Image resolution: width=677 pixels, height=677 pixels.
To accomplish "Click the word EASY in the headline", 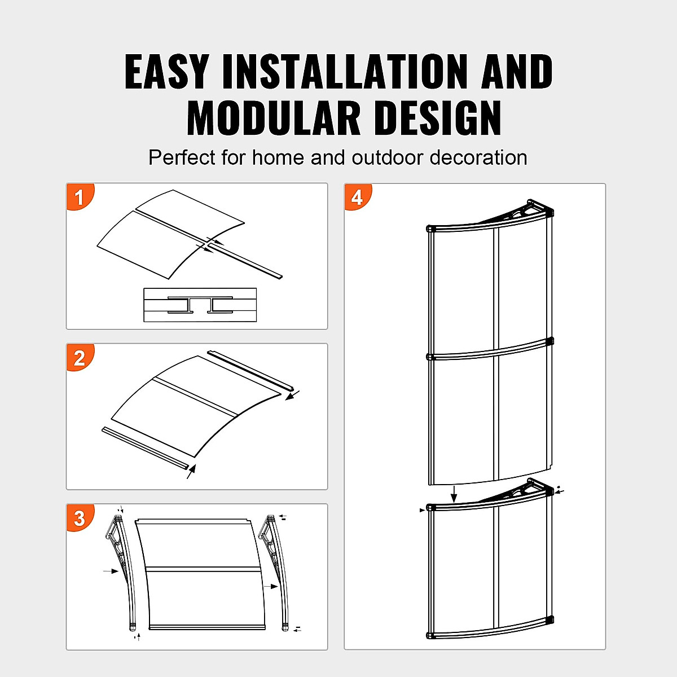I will (x=167, y=72).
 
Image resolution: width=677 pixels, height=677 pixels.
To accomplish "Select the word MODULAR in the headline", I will (x=274, y=118).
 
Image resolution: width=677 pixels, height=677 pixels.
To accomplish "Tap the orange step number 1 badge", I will (x=80, y=197).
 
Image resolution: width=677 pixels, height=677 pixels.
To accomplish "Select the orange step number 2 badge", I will (x=80, y=358).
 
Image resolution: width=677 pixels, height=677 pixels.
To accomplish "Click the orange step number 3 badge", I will (x=80, y=518).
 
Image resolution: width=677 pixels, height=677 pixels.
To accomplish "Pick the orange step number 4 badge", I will (x=357, y=197).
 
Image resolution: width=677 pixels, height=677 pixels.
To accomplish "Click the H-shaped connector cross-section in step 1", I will (x=200, y=305).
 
